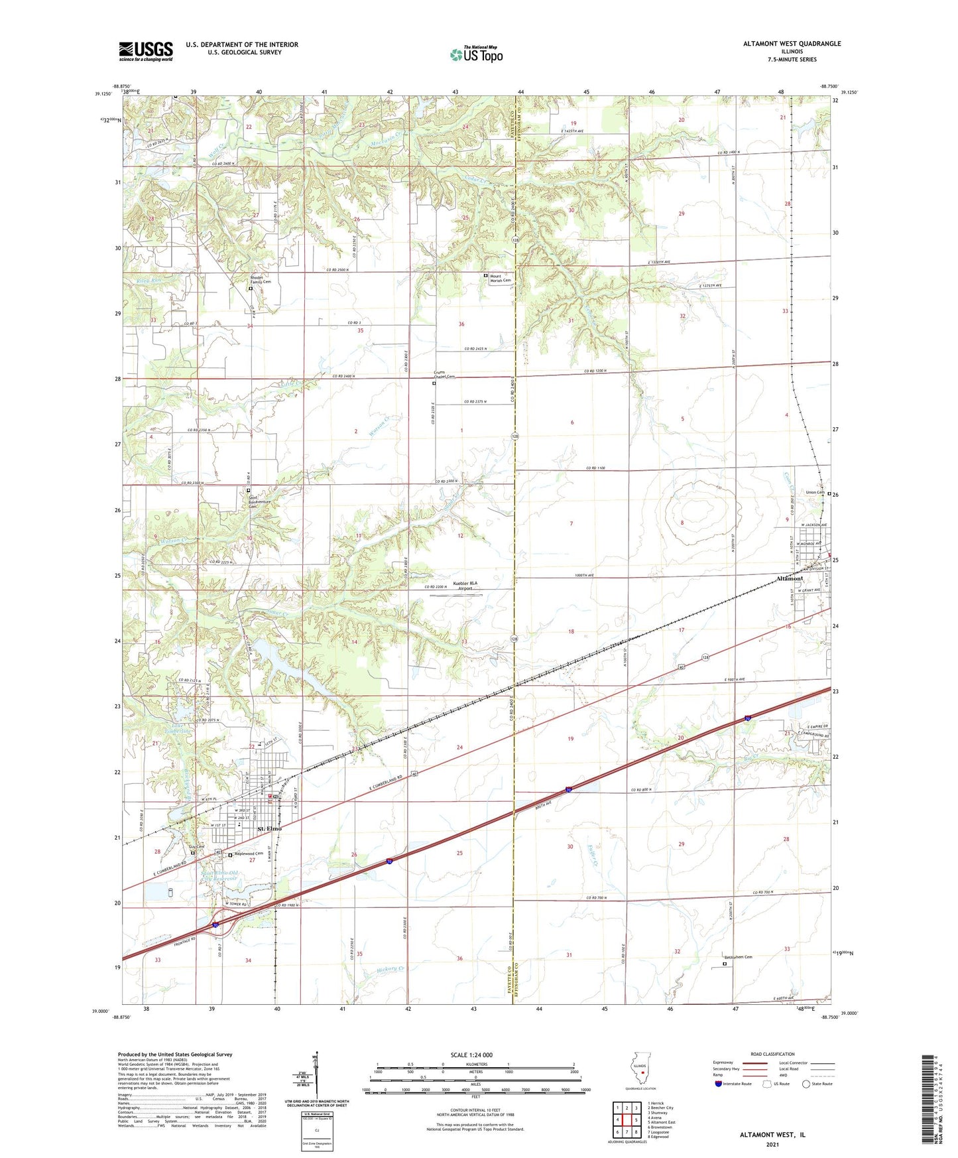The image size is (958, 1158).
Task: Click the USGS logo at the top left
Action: [145, 51]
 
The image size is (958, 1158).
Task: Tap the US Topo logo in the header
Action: [476, 54]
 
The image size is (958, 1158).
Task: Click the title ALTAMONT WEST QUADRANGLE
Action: [792, 44]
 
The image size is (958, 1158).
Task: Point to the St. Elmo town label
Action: [270, 828]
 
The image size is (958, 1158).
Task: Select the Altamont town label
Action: [790, 578]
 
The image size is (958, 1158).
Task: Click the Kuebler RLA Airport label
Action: [465, 586]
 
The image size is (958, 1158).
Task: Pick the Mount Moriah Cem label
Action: [501, 278]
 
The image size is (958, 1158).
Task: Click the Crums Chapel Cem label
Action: [444, 374]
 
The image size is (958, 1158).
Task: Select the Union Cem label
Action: [815, 492]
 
